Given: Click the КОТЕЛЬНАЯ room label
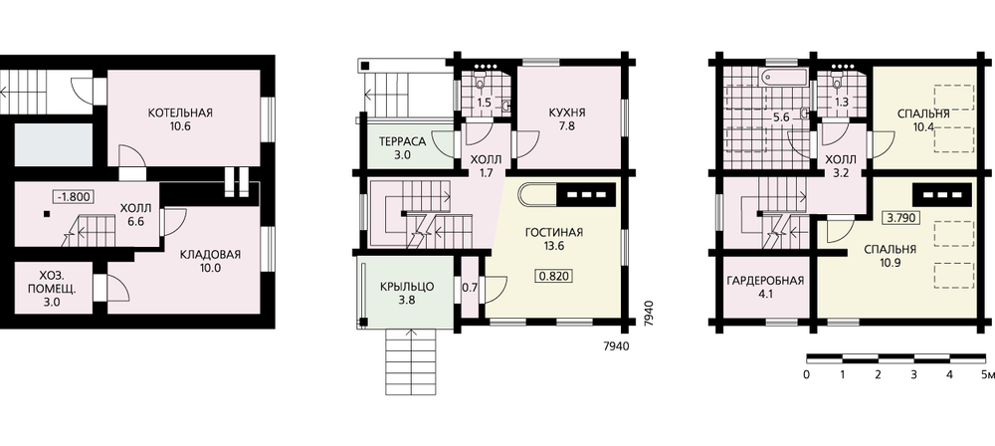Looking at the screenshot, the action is coord(180,113).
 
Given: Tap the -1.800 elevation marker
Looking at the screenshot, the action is coord(75,196).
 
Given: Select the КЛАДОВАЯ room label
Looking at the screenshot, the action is coord(210,255).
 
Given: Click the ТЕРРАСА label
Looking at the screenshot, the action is coord(401,141).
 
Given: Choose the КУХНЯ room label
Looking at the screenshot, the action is coord(567,113).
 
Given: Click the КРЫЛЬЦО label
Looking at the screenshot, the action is coord(407,287).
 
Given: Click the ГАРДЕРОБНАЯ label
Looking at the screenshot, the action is coord(766,280).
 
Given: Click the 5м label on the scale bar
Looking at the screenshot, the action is coord(987,375).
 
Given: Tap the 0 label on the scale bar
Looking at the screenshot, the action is coord(806,375).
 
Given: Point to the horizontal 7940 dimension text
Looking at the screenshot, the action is coord(615,346).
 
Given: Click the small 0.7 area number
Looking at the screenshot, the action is coord(470,287).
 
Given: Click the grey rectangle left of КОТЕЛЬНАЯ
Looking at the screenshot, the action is coord(54,145).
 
